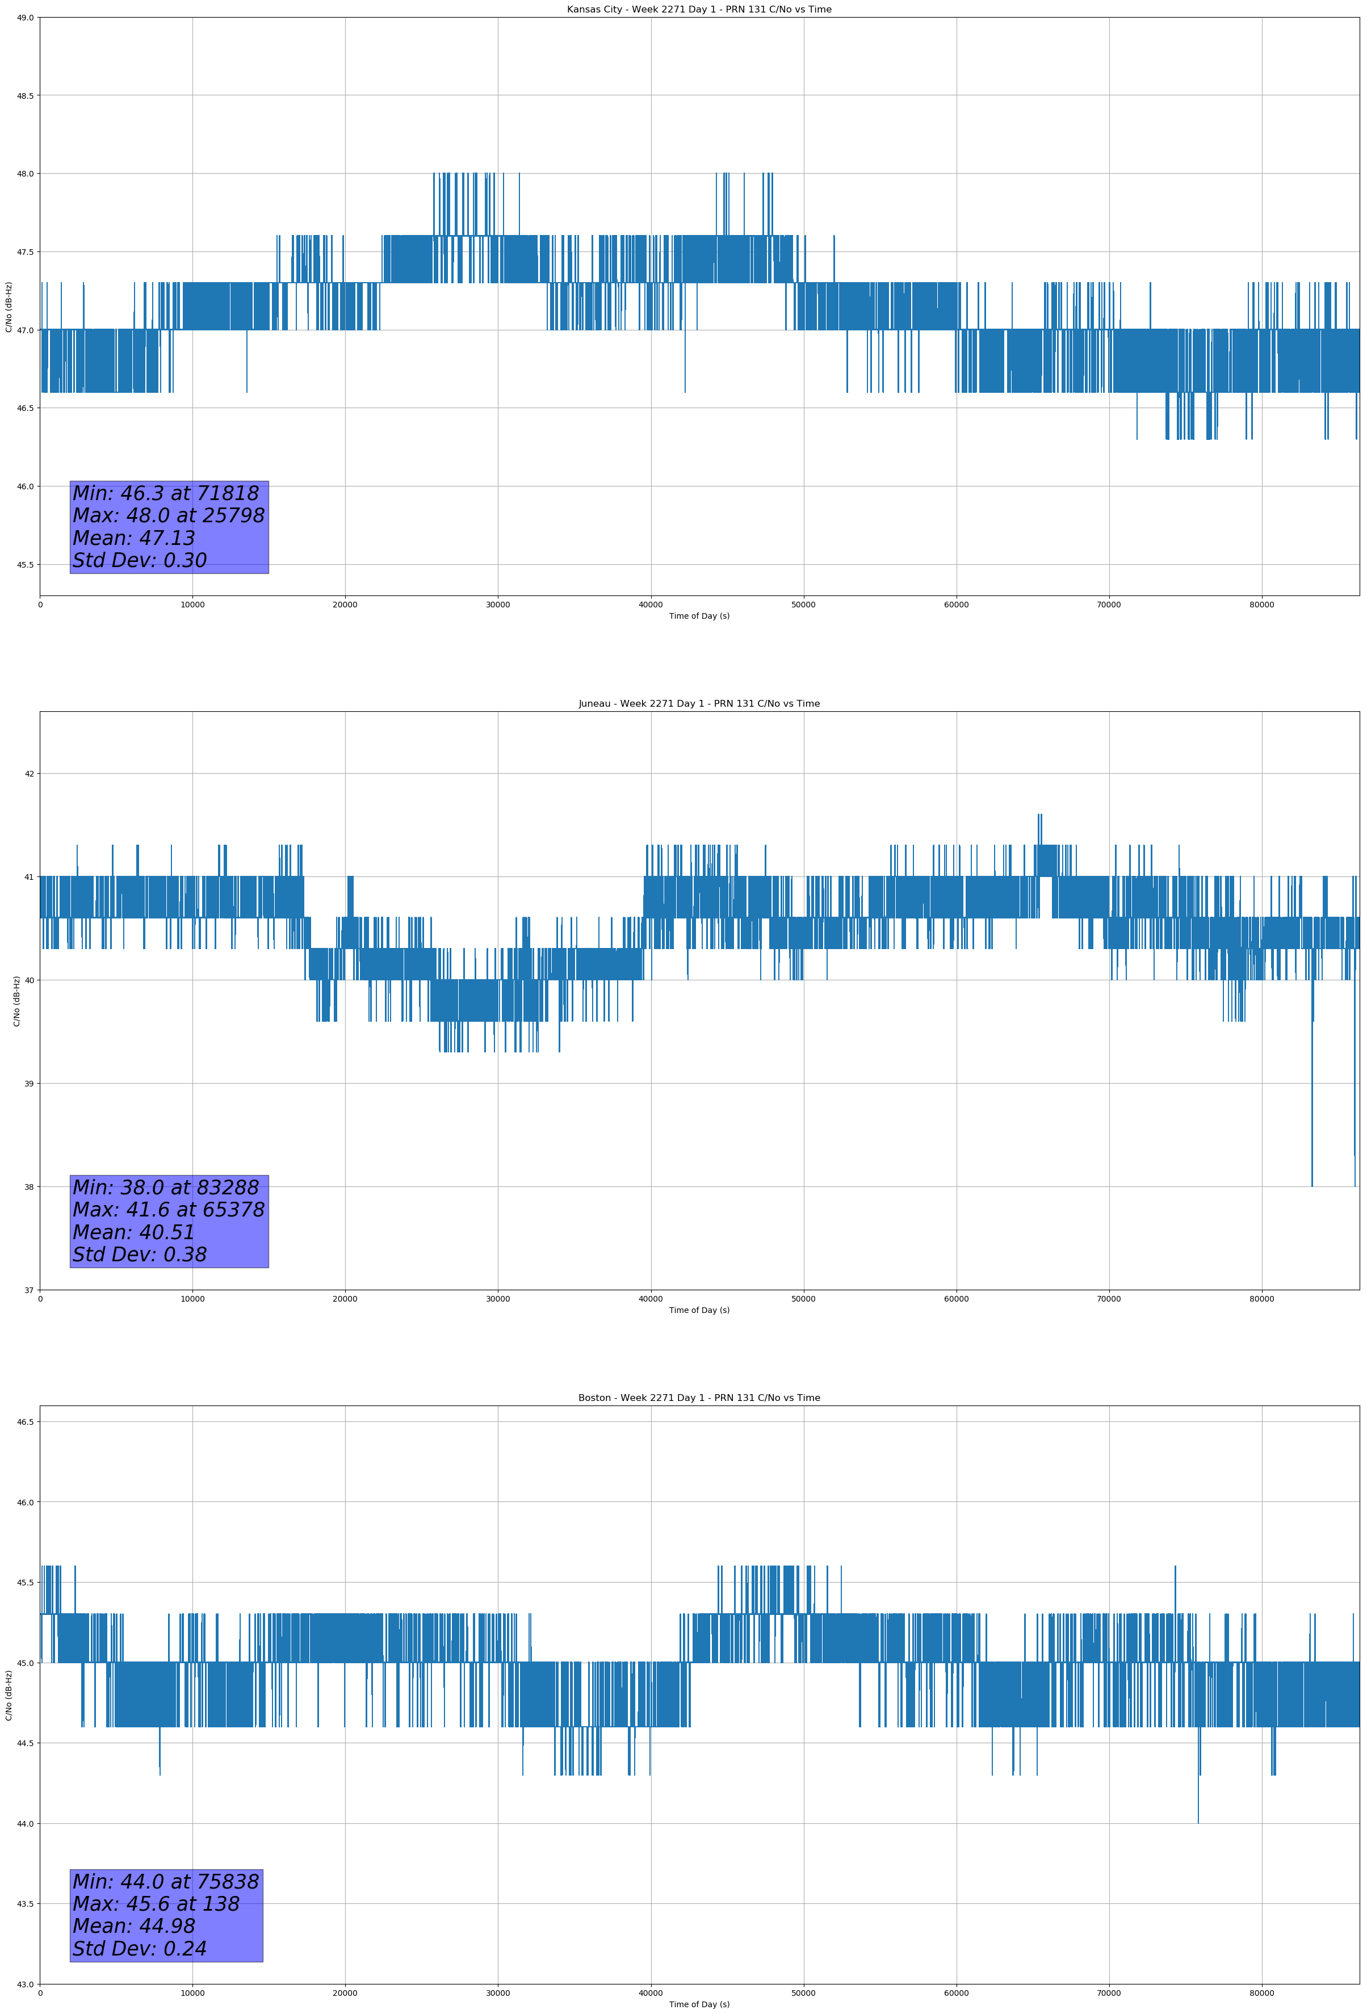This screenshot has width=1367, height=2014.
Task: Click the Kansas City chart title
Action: tap(699, 10)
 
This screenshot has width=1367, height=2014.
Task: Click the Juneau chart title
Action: tap(699, 704)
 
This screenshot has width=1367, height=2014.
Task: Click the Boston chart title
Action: tap(699, 1398)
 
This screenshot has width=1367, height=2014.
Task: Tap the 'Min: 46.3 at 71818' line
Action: tap(166, 493)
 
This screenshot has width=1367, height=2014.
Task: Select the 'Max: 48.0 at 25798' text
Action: tap(168, 515)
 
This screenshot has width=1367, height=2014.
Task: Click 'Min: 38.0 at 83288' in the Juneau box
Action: tap(166, 1188)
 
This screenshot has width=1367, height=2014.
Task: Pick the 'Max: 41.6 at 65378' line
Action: tap(168, 1210)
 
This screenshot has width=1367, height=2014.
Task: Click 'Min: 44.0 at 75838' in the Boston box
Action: tap(166, 1881)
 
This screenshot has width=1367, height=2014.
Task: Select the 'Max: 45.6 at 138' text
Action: tap(156, 1904)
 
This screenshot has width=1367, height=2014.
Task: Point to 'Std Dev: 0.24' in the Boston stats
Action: tap(140, 1949)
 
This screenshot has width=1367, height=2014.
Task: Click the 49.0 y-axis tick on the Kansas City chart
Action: tap(25, 18)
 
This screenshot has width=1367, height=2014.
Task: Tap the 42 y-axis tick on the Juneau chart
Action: tap(30, 774)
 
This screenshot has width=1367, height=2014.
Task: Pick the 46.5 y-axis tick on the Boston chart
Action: tap(25, 1421)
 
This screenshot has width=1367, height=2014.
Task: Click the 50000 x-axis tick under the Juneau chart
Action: tap(803, 1298)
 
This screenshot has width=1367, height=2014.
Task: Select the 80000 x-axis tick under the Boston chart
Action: tap(1261, 1993)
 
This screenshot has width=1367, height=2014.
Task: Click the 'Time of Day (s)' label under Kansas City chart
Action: tap(699, 616)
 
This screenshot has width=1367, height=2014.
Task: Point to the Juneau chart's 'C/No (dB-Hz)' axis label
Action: tap(16, 1001)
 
